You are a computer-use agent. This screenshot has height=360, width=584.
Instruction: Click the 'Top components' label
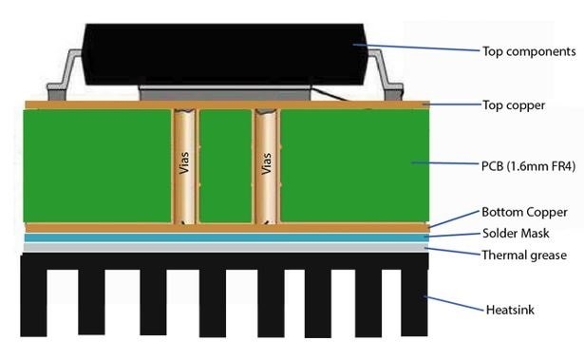530,51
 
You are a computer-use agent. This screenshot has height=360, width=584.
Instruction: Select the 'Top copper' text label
513,104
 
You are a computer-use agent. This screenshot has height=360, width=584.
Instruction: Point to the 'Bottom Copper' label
524,212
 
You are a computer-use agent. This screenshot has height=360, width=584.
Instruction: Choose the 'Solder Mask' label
517,233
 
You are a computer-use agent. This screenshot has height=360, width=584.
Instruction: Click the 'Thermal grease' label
525,255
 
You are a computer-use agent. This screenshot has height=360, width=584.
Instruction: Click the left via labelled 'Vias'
184,166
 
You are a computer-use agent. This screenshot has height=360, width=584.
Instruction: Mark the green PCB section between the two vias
225,166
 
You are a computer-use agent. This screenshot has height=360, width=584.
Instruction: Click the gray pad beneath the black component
228,93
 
